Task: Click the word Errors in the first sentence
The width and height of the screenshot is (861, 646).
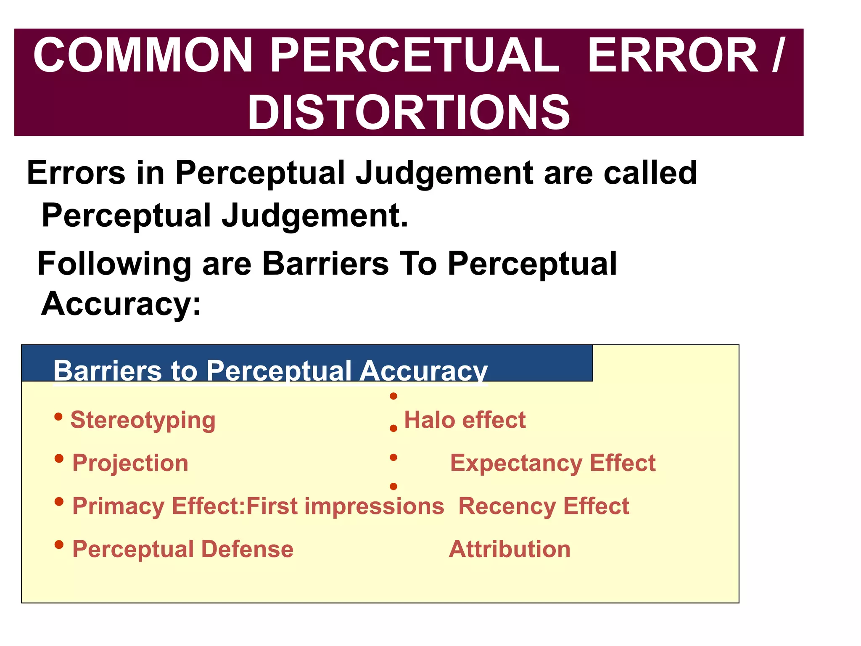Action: pyautogui.click(x=76, y=173)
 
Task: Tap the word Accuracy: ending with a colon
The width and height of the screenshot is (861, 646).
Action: pyautogui.click(x=121, y=304)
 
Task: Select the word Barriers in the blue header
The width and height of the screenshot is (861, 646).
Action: pyautogui.click(x=108, y=371)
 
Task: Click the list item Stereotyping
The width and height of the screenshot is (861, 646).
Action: pyautogui.click(x=143, y=420)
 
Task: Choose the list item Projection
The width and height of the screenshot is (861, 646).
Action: pyautogui.click(x=130, y=463)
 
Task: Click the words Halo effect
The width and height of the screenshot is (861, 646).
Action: pyautogui.click(x=465, y=420)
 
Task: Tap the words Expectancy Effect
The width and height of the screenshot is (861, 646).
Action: pyautogui.click(x=553, y=463)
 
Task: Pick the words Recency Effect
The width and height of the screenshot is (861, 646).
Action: pyautogui.click(x=544, y=506)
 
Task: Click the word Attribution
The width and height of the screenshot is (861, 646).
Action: pyautogui.click(x=510, y=549)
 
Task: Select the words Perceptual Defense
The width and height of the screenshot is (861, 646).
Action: pyautogui.click(x=183, y=549)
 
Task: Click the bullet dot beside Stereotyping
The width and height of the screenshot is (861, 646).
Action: pyautogui.click(x=59, y=417)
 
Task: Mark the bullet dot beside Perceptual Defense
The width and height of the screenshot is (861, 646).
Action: pyautogui.click(x=59, y=545)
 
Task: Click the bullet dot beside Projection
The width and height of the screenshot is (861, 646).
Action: pyautogui.click(x=59, y=458)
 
